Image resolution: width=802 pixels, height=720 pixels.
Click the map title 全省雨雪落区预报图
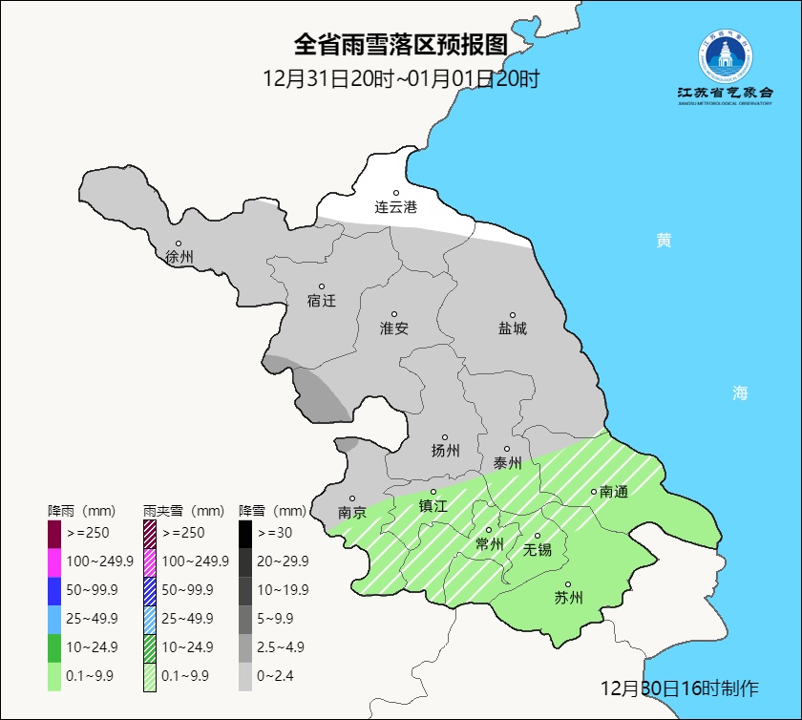[x=400, y=45]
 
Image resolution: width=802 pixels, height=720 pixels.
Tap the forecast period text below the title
[x=400, y=78]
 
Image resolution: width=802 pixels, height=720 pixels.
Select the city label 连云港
[x=395, y=206]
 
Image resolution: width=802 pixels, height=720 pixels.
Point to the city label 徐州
[x=179, y=257]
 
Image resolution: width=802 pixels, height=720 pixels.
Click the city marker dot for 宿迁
[x=322, y=286]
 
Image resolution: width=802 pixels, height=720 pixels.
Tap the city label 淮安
[x=394, y=328]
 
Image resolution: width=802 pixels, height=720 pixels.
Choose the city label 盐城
[x=512, y=328]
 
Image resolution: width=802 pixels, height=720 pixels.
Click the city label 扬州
[x=445, y=451]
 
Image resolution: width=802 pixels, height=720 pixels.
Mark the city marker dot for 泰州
[x=507, y=449]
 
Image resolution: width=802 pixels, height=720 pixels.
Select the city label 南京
[x=352, y=512]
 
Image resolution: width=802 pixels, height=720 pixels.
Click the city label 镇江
[x=433, y=506]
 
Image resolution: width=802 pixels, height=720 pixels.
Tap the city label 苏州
[x=568, y=599]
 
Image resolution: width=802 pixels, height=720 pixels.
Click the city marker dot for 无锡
[x=538, y=536]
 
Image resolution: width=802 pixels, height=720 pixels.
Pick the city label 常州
[x=490, y=544]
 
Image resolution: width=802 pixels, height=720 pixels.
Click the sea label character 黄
[x=664, y=241]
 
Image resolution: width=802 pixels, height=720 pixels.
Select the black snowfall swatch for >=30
[x=245, y=532]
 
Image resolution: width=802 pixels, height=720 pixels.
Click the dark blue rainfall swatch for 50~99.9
[x=54, y=589]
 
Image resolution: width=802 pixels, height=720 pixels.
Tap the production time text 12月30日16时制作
[x=679, y=688]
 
